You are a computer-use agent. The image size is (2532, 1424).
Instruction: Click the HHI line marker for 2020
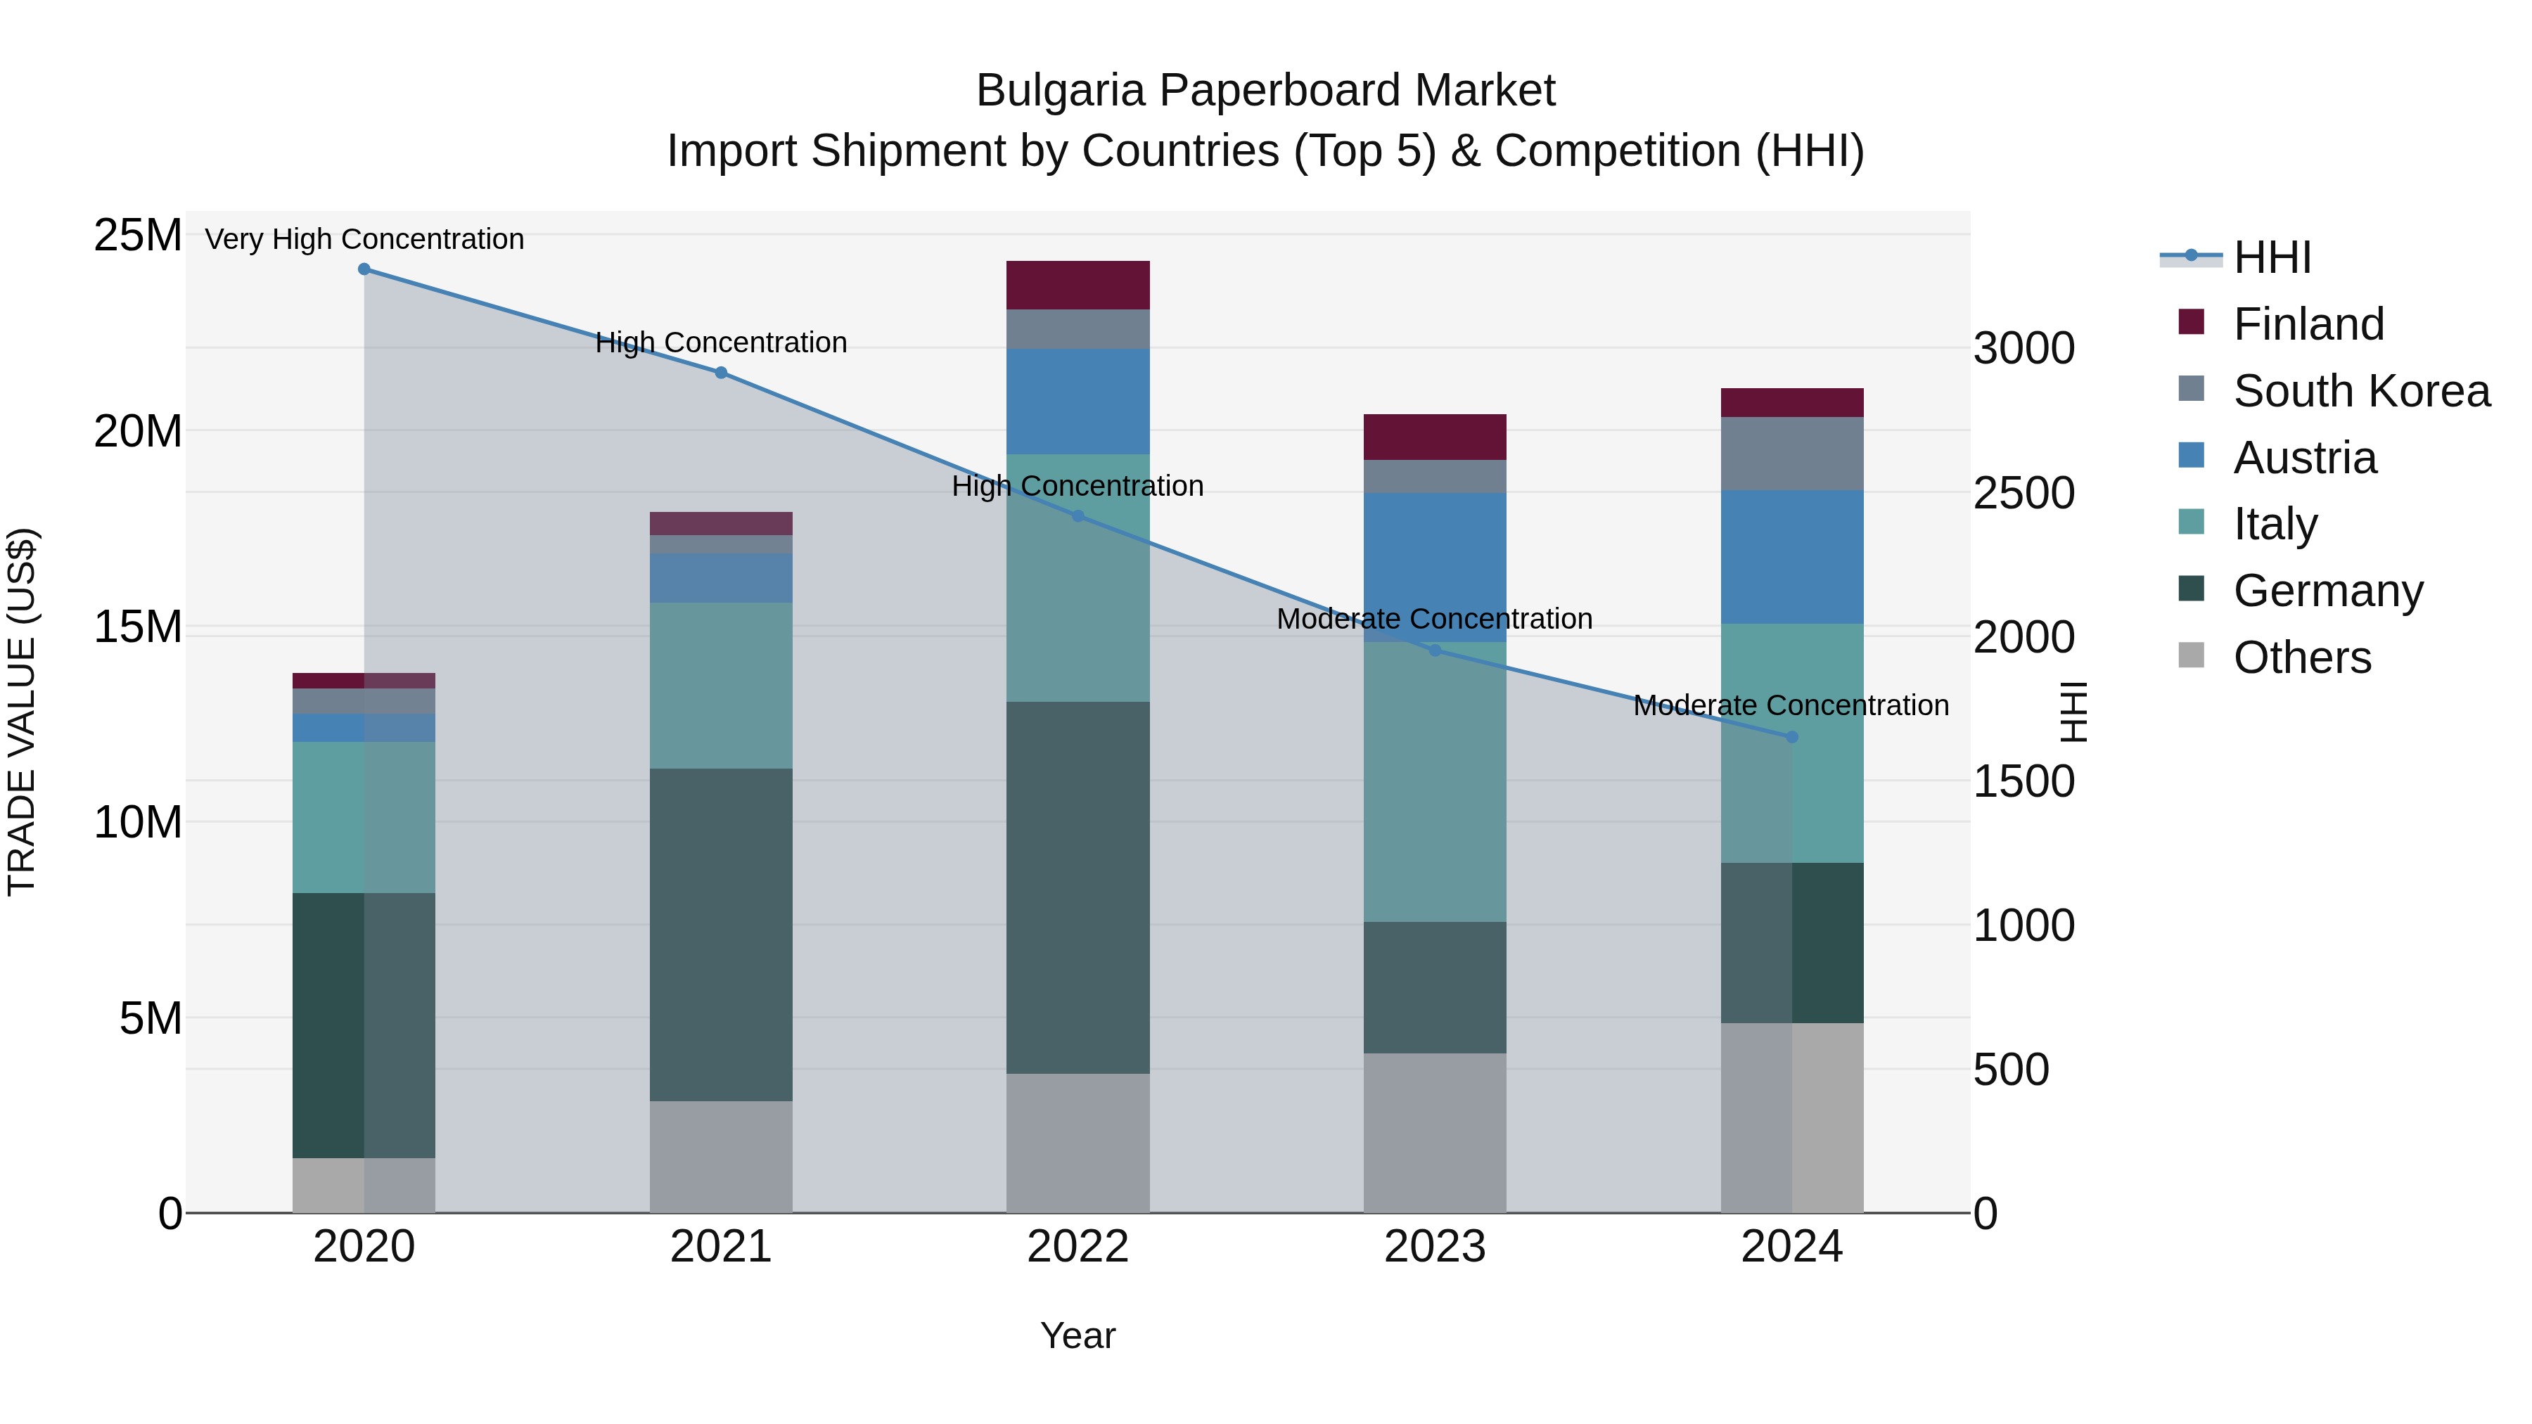[x=364, y=269]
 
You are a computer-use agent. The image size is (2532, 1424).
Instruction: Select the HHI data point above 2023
[x=1434, y=650]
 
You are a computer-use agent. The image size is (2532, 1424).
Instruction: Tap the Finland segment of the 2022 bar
[x=1078, y=285]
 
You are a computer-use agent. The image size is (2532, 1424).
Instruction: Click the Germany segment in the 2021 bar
[x=720, y=934]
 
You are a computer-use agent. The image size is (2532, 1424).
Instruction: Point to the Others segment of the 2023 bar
[x=1434, y=1132]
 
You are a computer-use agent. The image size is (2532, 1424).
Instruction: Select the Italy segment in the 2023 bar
[x=1434, y=781]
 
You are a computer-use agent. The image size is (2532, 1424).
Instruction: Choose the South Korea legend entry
[x=2361, y=391]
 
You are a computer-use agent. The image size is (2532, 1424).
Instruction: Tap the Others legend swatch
[x=2191, y=655]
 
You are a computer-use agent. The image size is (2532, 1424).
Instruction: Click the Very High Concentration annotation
[x=364, y=239]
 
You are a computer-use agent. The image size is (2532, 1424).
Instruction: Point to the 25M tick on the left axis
[x=138, y=236]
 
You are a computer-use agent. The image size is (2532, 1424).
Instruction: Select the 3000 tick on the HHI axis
[x=2023, y=348]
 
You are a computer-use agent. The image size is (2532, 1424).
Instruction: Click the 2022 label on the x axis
[x=1078, y=1247]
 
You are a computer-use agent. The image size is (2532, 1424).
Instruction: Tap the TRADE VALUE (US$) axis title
[x=22, y=712]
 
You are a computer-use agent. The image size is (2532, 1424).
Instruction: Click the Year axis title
[x=1078, y=1335]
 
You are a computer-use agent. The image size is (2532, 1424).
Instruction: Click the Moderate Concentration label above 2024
[x=1790, y=705]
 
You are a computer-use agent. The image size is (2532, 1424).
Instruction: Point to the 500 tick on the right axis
[x=2011, y=1069]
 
